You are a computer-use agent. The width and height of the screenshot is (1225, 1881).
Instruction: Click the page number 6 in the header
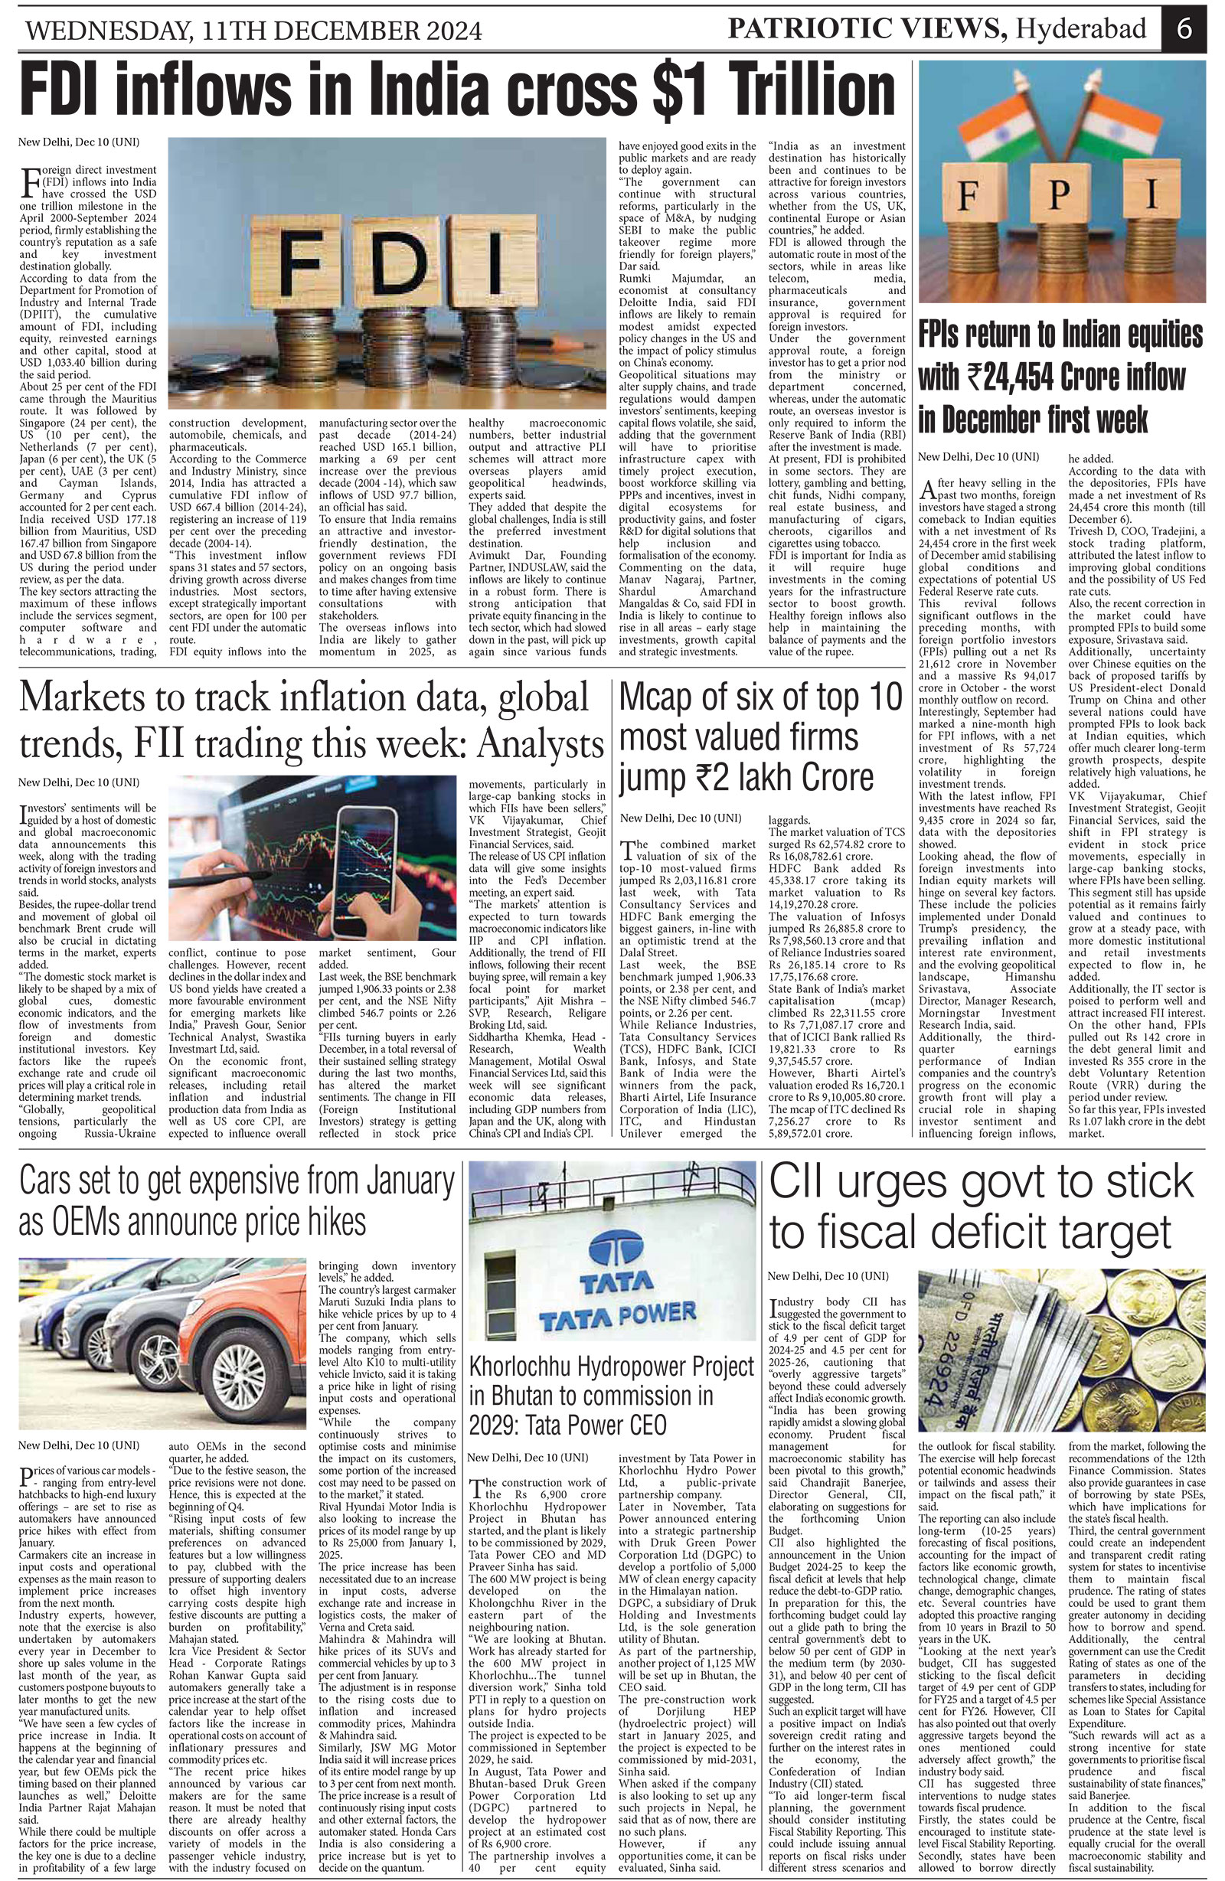1183,30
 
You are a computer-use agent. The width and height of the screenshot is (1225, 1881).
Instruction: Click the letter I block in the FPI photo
1150,194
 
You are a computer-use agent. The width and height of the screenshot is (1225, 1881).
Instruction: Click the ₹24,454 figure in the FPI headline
1012,377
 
